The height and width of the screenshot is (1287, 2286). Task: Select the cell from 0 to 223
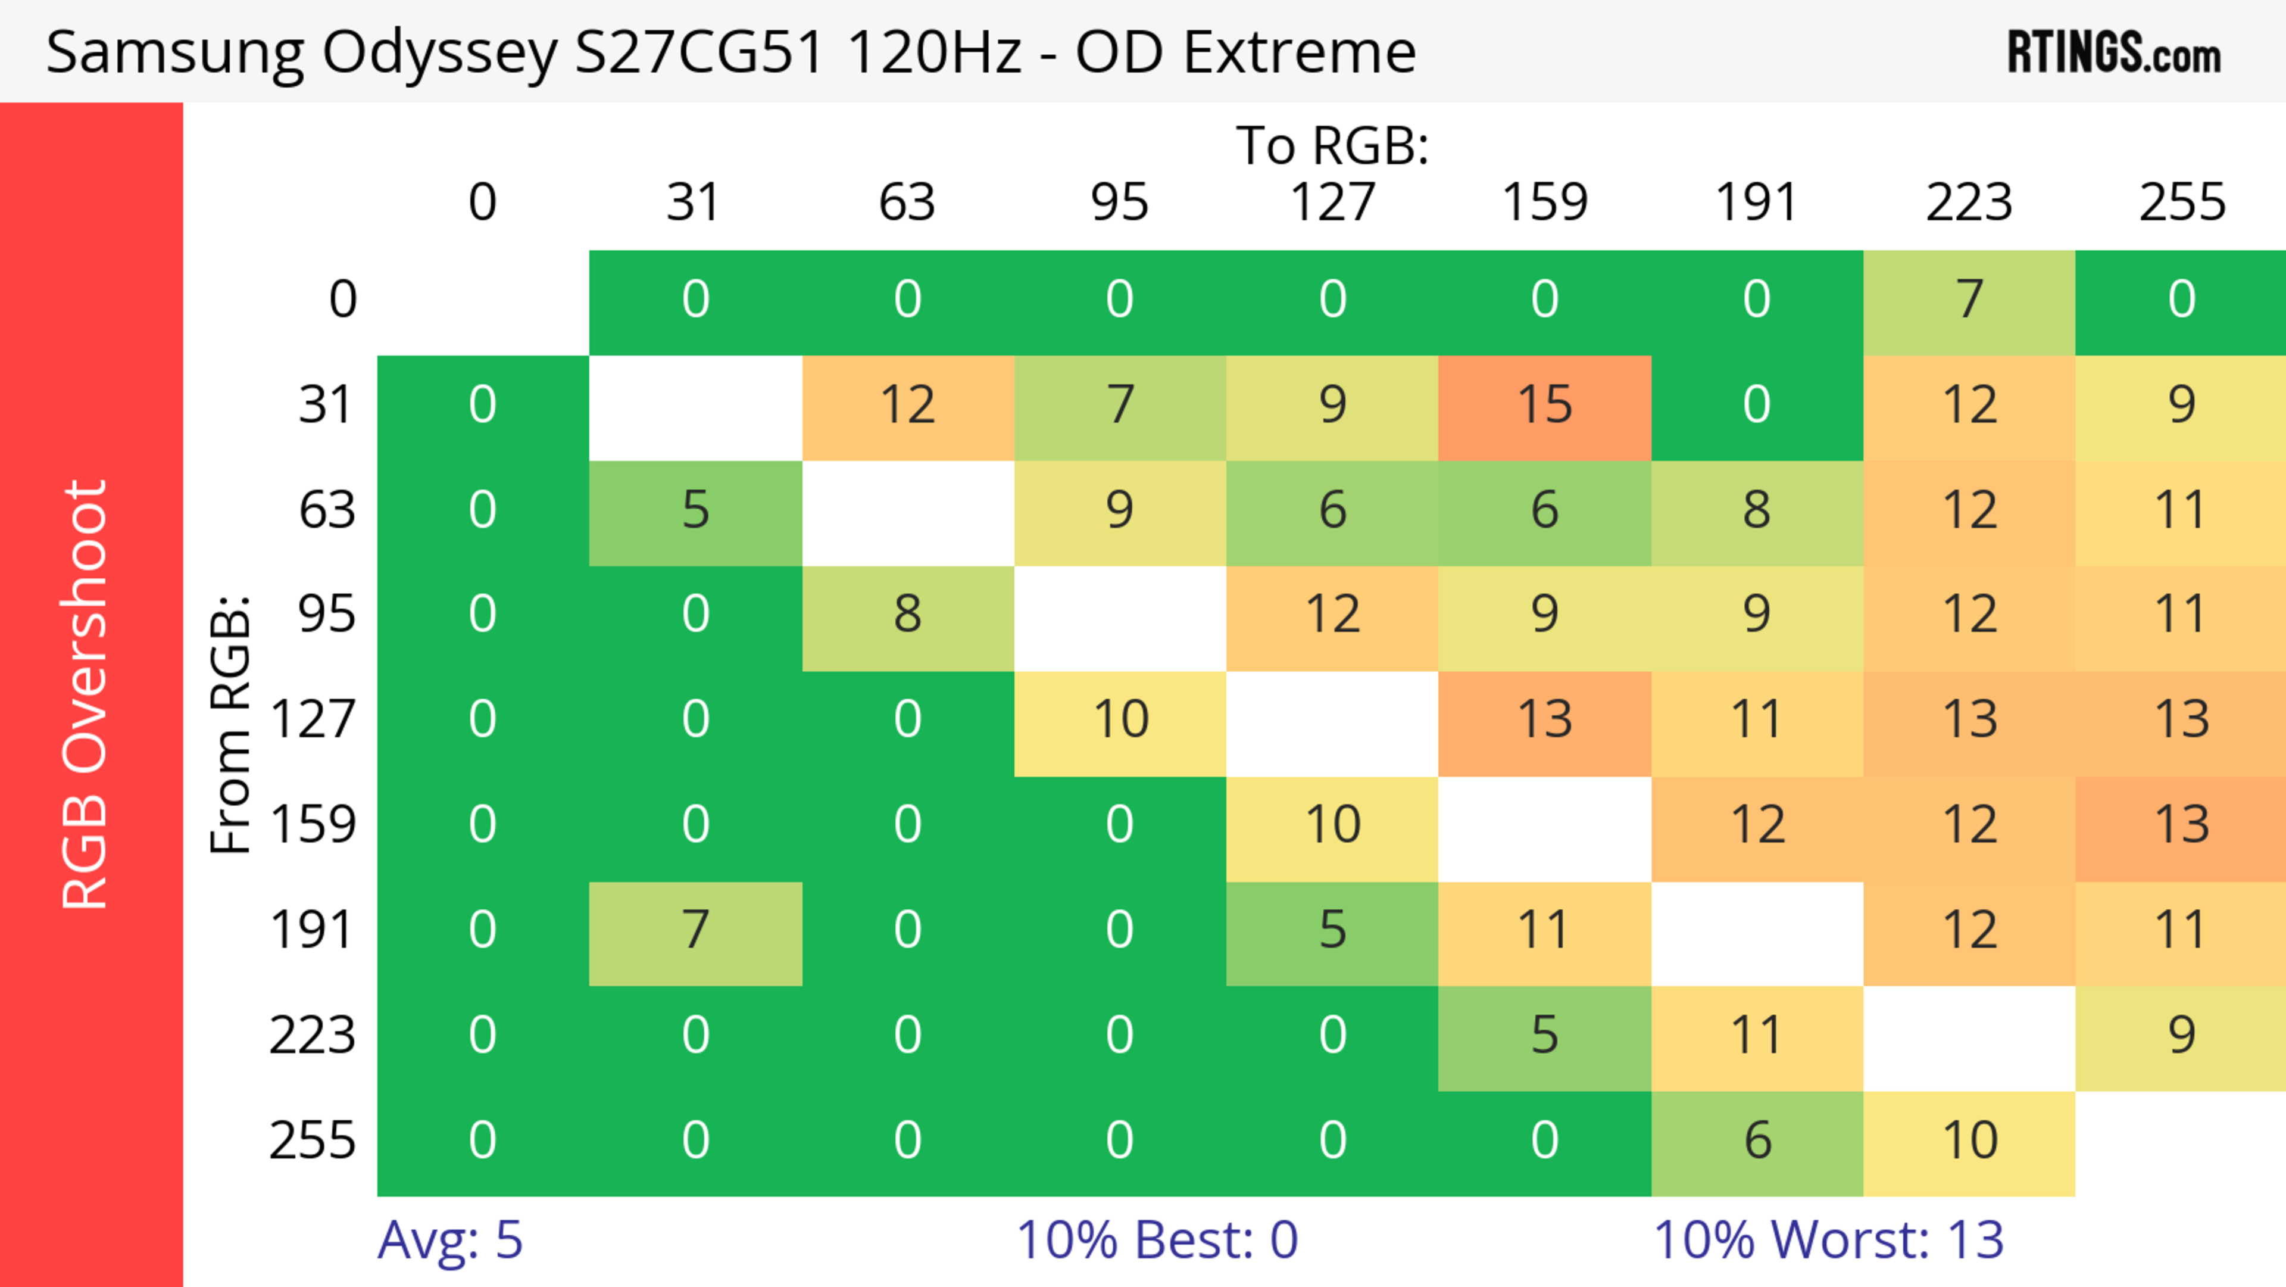tap(1969, 301)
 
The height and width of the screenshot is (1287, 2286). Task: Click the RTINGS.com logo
tap(2114, 52)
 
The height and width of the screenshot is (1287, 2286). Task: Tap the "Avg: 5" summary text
tap(450, 1240)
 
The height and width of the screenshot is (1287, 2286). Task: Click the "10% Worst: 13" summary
tap(1828, 1240)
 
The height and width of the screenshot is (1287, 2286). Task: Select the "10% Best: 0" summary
tap(1156, 1240)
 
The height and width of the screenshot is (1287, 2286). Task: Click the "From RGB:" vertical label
tap(231, 724)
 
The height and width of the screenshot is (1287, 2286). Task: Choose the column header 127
tap(1332, 202)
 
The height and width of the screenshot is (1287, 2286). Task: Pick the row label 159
tap(313, 825)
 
